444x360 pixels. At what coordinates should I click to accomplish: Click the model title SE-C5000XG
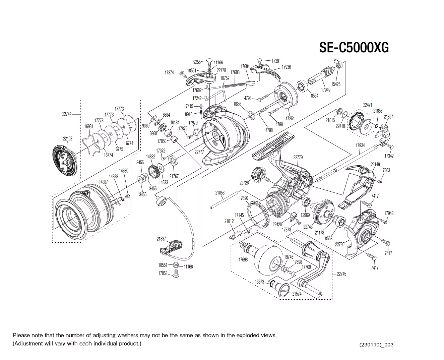point(354,48)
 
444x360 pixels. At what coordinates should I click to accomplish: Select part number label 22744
point(66,114)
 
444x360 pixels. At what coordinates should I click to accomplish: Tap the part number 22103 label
point(68,138)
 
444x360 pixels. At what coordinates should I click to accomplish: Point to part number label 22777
point(199,152)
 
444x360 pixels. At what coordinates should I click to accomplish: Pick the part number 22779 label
point(298,157)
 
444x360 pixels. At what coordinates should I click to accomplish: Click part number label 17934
point(360,145)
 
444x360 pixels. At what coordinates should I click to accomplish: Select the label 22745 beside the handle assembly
point(341,274)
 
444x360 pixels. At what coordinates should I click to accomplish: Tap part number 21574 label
point(297,294)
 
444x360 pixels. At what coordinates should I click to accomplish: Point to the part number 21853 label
point(220,193)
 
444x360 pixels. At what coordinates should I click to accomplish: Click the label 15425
point(336,84)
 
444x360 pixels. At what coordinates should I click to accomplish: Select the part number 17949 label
point(325,90)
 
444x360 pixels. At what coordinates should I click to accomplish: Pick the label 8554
point(314,96)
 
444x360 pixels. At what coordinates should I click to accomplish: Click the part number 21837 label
point(161,239)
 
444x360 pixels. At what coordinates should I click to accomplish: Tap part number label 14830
point(124,171)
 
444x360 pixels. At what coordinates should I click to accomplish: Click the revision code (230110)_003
point(376,345)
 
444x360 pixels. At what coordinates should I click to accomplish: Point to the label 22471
point(368,105)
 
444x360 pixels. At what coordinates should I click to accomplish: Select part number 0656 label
point(238,104)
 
